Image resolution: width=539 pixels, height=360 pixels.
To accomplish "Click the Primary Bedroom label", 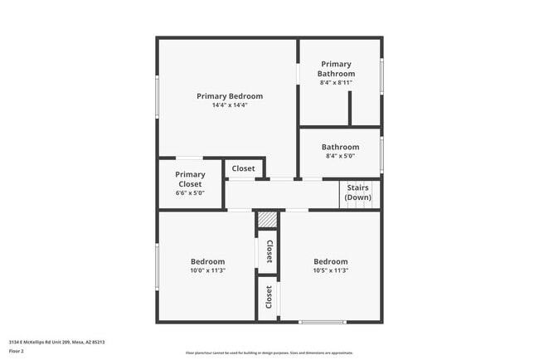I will (230, 96).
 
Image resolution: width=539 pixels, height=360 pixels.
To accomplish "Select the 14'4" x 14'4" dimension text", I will (230, 105).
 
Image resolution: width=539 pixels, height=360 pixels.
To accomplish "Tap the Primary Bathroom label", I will (336, 69).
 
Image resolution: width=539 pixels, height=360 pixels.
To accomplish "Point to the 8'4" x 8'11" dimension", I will (336, 83).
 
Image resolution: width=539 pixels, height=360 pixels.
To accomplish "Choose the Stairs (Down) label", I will (358, 192).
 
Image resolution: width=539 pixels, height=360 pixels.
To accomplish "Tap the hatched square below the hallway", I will (266, 220).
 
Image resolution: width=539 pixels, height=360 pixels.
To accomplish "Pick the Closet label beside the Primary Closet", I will (244, 168).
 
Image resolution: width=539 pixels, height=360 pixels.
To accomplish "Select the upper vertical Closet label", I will (269, 252).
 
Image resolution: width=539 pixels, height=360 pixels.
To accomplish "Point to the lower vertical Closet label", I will (269, 298).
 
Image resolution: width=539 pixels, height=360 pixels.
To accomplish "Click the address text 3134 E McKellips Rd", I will (56, 342).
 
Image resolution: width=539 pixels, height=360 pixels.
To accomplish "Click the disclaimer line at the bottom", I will (269, 352).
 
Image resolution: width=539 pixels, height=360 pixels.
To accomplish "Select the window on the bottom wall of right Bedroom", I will (323, 322).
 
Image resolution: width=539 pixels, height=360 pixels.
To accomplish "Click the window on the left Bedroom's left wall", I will (158, 265).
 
